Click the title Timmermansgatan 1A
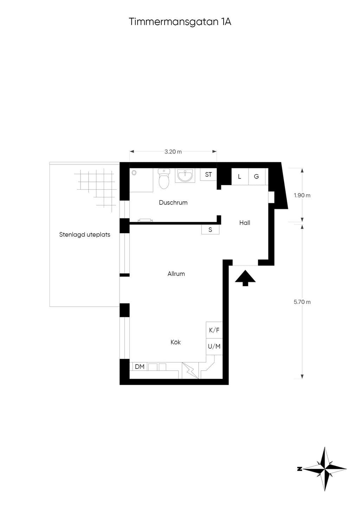180,22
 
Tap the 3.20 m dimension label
173,152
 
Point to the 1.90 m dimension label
302,195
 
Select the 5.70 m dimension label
302,302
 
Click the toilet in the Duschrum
164,178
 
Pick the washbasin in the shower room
185,176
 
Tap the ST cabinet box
208,175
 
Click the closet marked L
240,177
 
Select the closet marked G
257,177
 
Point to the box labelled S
210,229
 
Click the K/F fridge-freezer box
214,330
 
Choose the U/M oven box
214,346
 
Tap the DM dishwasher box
140,366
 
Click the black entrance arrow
245,278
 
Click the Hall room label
245,223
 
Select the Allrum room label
176,274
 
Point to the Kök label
175,342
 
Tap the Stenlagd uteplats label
85,235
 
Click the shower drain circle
134,173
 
